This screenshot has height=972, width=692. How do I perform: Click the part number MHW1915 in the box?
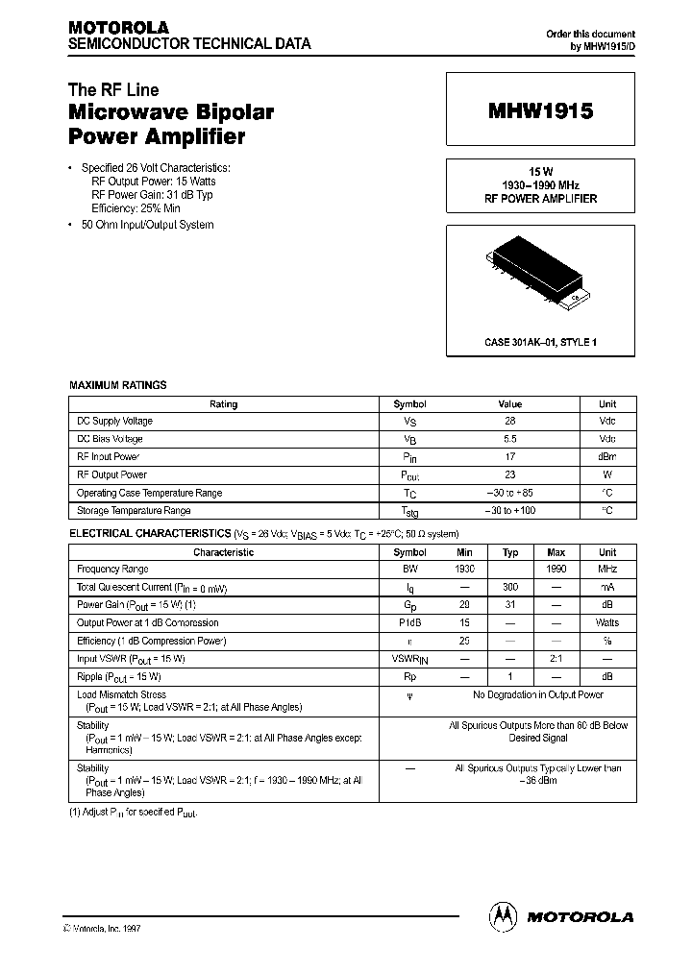tap(540, 111)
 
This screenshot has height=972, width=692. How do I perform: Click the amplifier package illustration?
tap(538, 275)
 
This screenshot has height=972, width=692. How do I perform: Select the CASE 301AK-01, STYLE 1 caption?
tap(540, 342)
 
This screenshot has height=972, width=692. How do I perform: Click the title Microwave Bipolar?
tap(171, 112)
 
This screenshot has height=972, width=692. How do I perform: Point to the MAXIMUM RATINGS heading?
tap(118, 385)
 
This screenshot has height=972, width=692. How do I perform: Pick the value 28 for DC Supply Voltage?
tap(509, 422)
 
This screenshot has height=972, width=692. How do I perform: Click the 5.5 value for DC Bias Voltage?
tap(509, 439)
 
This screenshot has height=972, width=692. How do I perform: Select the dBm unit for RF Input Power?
tap(606, 457)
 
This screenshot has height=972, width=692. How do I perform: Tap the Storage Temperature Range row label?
tap(134, 511)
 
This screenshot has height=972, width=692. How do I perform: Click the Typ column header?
tap(510, 552)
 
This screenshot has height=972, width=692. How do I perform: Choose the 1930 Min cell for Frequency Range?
tap(465, 570)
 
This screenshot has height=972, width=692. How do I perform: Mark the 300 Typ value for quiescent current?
tap(510, 587)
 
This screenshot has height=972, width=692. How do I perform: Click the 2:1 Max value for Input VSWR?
tap(556, 659)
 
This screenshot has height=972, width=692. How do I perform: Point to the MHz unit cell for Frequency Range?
tap(607, 570)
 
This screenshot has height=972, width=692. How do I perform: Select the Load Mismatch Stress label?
tap(121, 694)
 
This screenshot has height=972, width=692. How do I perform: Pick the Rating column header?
tap(223, 404)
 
